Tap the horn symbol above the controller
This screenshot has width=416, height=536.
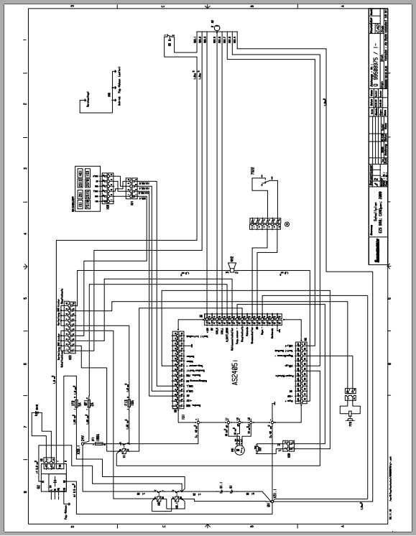(x=231, y=267)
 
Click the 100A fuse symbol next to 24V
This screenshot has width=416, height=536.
(x=98, y=445)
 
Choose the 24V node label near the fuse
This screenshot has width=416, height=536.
(x=82, y=436)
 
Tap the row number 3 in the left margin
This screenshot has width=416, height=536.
(x=25, y=168)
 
